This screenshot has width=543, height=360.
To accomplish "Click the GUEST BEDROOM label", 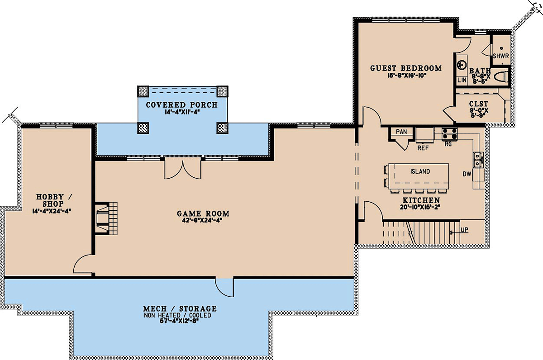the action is [406, 68].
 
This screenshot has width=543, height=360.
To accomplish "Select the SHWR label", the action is [501, 56].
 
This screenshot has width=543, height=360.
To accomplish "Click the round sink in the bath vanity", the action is [462, 65].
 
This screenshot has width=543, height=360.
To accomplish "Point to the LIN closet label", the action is [462, 80].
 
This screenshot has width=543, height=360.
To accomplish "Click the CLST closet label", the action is [479, 104].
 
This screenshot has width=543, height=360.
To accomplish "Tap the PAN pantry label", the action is [401, 132].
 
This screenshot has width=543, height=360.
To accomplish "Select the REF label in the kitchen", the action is [423, 148].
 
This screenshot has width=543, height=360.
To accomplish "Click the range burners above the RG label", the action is [449, 134].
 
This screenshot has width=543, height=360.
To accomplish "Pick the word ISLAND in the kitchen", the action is [420, 171].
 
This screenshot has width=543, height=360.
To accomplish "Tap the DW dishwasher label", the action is [467, 174].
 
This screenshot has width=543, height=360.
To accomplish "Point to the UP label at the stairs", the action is [464, 230].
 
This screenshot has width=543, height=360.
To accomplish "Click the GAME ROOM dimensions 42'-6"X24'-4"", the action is [203, 220].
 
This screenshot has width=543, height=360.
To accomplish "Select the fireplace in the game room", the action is [106, 218].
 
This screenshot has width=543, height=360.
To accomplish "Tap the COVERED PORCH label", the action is [182, 104].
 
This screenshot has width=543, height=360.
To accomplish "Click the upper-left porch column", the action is [143, 91].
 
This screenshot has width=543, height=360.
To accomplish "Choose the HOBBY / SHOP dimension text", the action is [52, 211].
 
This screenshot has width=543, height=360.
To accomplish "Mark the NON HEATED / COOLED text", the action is [177, 315].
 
